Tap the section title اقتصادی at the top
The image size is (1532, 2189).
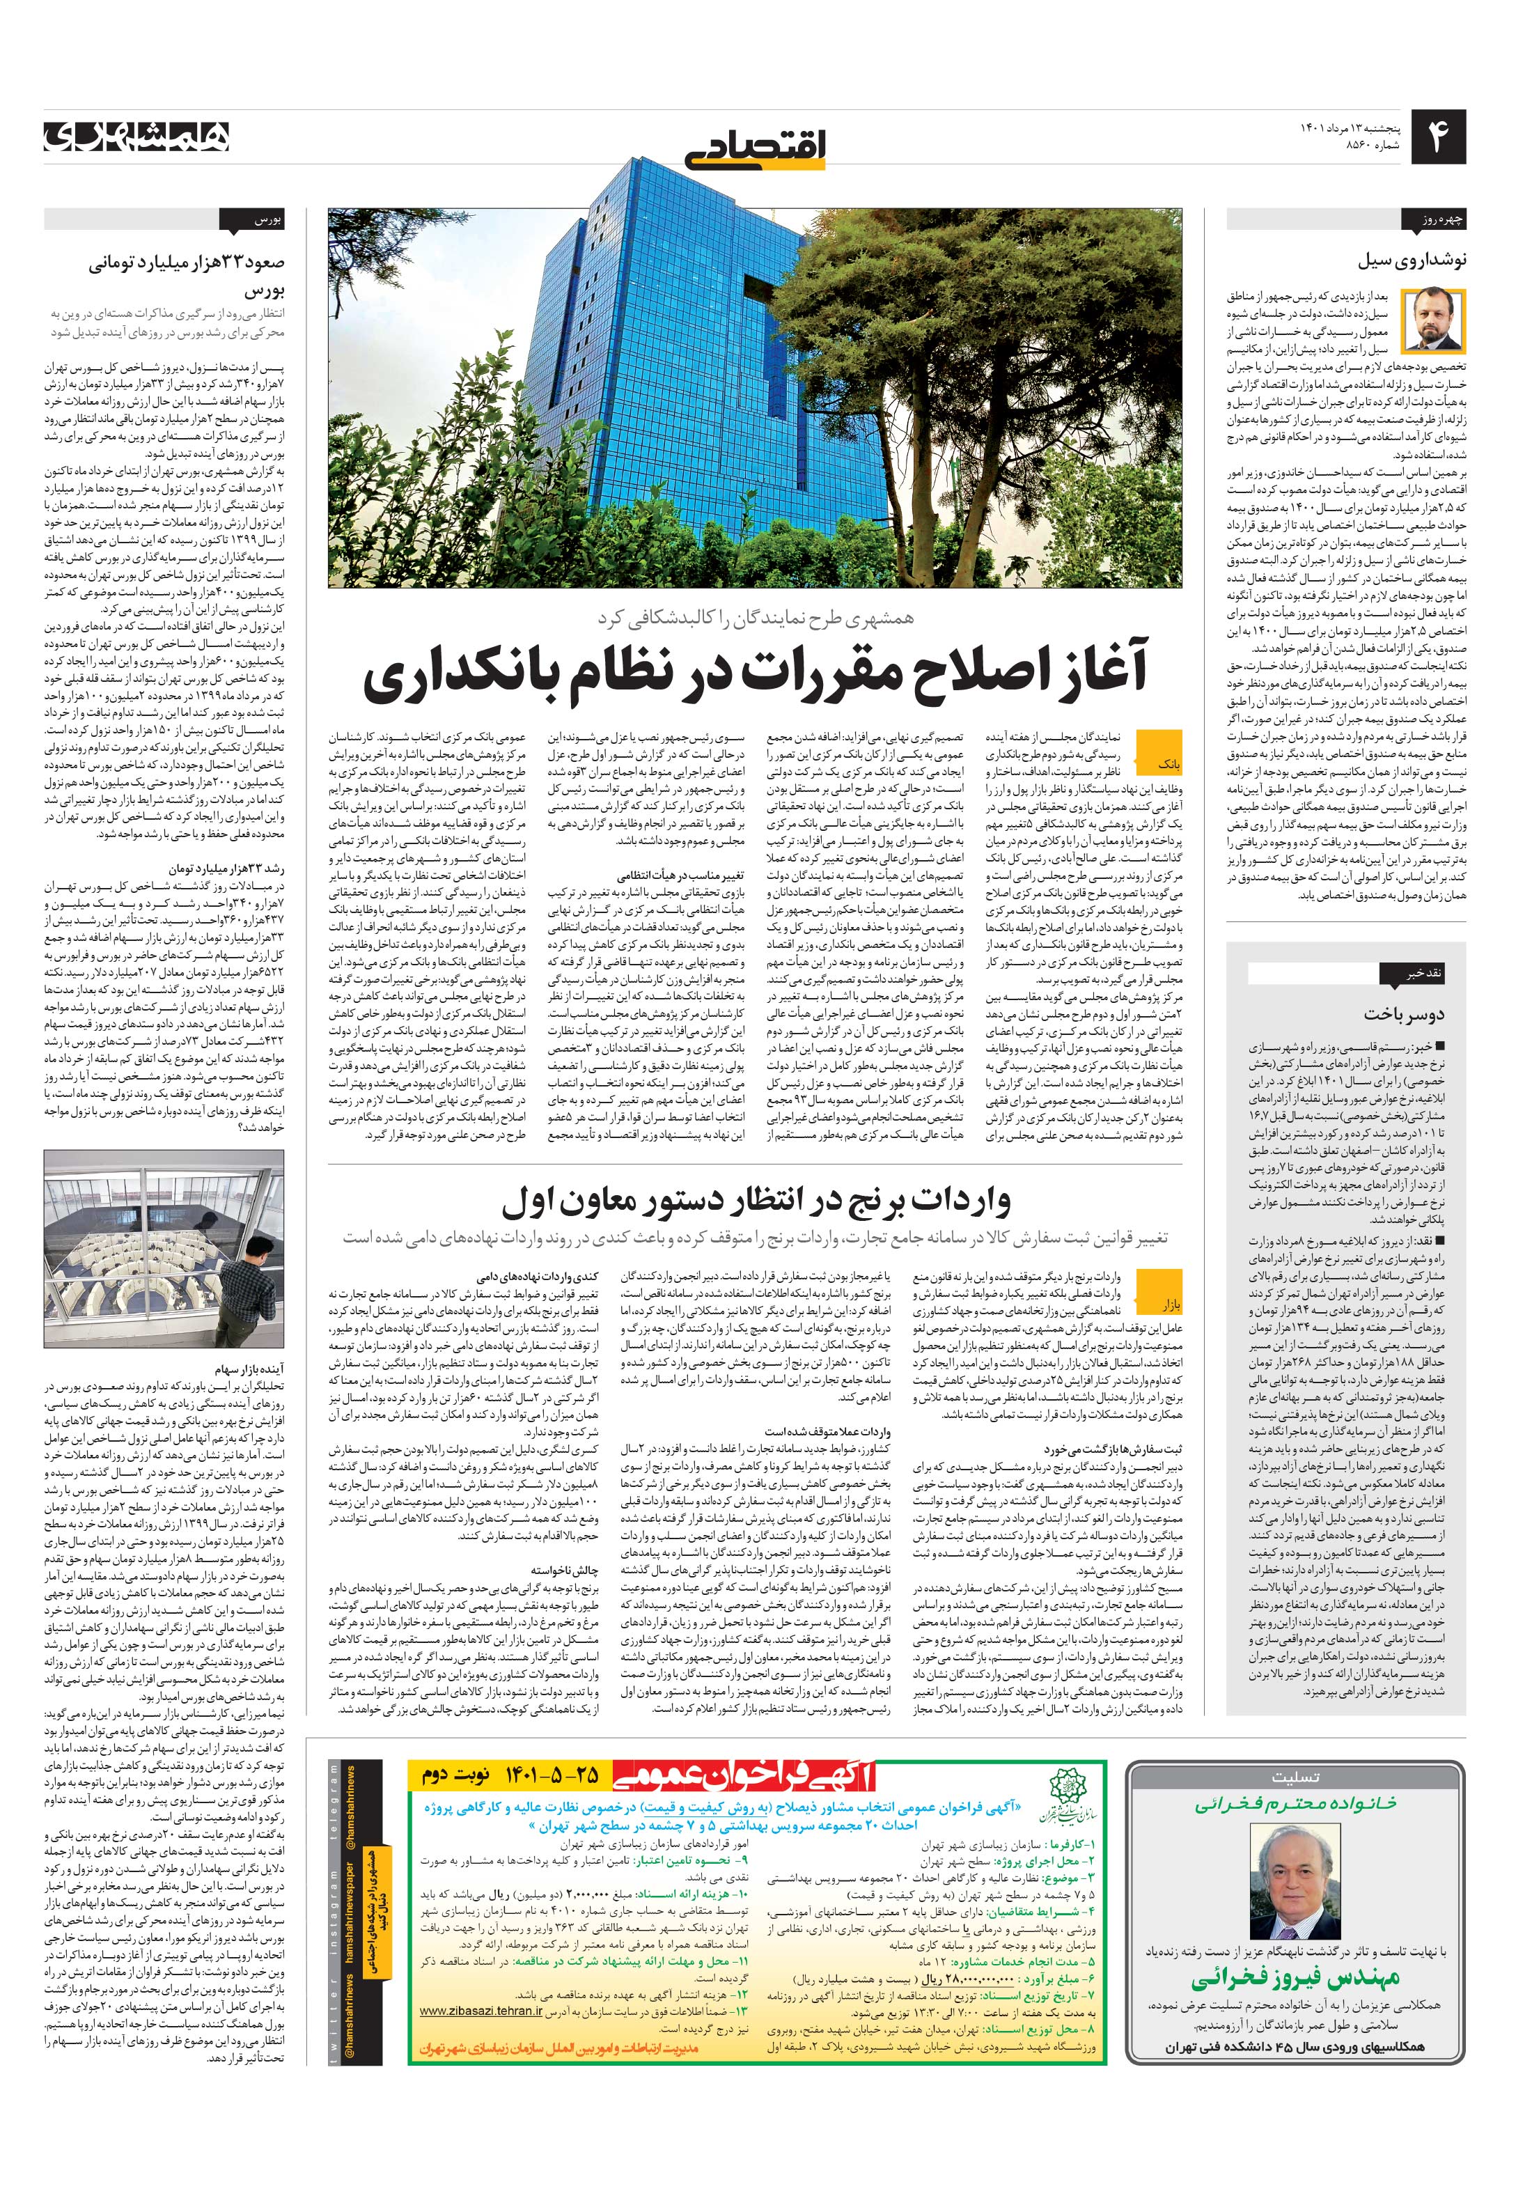tap(758, 148)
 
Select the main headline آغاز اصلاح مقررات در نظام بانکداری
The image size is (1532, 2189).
tap(756, 672)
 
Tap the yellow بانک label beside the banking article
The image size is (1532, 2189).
tap(1168, 763)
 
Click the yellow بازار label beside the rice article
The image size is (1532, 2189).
tap(1168, 1302)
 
